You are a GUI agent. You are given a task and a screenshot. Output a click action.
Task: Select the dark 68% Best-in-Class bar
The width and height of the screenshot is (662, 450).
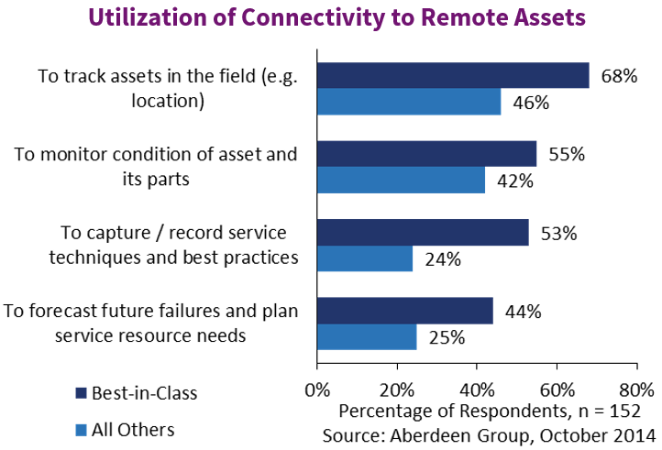coord(453,75)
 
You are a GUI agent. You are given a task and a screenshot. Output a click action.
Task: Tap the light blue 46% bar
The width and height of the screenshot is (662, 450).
coord(409,102)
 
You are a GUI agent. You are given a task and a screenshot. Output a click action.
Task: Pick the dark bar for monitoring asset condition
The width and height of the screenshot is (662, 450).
coord(427,154)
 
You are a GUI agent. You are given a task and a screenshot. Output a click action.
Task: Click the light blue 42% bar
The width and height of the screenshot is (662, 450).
coord(401,181)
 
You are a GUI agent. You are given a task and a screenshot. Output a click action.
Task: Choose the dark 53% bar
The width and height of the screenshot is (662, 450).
coord(423,233)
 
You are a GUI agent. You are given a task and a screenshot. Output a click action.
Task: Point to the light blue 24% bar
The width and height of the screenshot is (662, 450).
coord(365,259)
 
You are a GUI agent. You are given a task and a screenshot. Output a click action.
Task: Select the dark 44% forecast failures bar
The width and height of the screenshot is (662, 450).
coord(405,312)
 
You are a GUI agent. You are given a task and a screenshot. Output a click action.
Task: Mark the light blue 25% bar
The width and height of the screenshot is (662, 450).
coord(367,338)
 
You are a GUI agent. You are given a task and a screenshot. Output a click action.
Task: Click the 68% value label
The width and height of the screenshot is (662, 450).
coord(619,76)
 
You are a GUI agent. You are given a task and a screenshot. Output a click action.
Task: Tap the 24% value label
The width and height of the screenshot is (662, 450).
coord(442,259)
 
